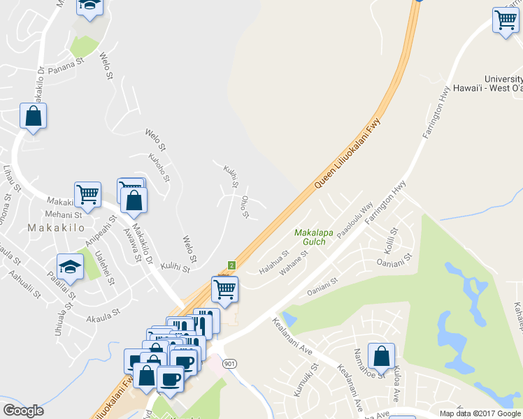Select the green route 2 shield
[231, 265]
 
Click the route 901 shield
[229, 363]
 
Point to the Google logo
[23, 411]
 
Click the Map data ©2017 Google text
[480, 413]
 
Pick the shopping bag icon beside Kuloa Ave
[381, 356]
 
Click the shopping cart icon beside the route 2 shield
[224, 288]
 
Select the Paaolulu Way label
[355, 221]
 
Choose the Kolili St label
[389, 240]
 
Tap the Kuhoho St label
[160, 168]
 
